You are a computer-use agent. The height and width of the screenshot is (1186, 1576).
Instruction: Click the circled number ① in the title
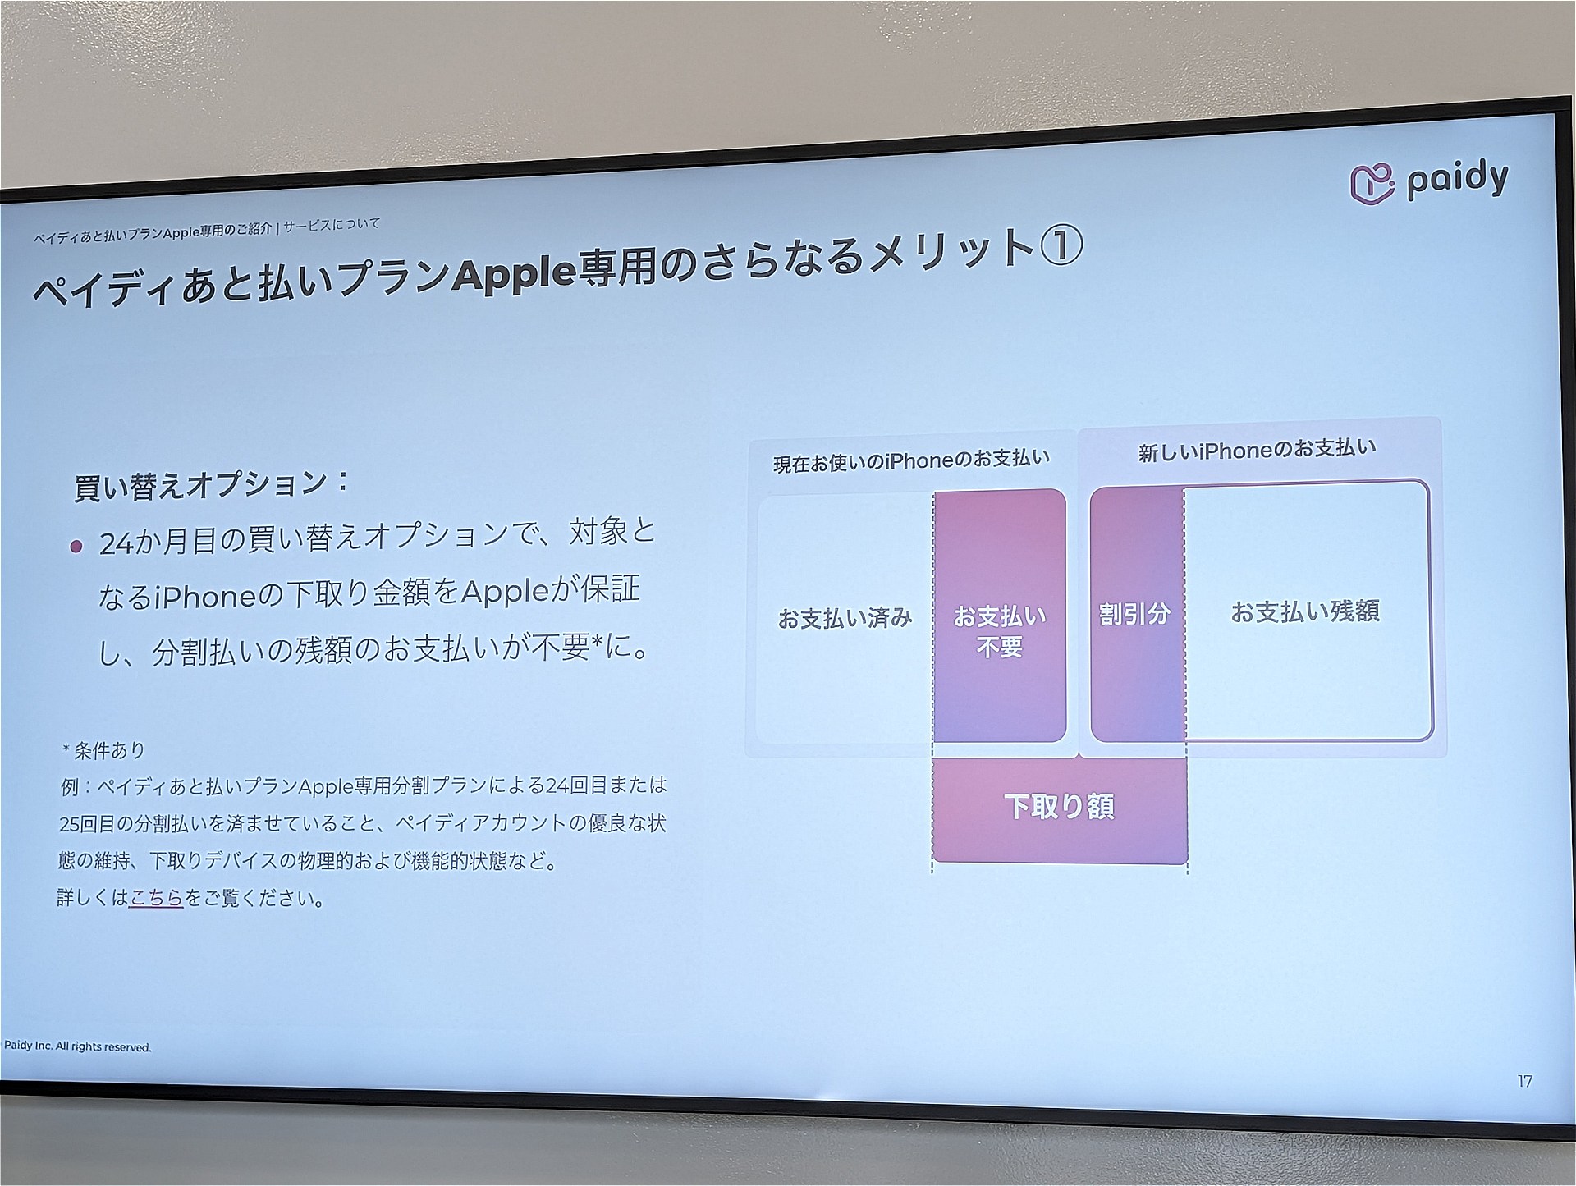pyautogui.click(x=1061, y=246)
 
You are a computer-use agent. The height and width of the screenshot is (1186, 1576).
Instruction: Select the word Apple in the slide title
pyautogui.click(x=514, y=274)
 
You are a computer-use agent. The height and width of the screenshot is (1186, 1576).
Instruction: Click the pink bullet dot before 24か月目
pyautogui.click(x=76, y=546)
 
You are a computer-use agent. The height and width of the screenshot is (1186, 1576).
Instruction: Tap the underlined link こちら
pyautogui.click(x=156, y=898)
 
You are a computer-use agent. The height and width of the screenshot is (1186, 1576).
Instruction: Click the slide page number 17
pyautogui.click(x=1524, y=1082)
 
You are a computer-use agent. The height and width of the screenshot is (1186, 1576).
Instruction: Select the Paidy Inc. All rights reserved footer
pyautogui.click(x=78, y=1046)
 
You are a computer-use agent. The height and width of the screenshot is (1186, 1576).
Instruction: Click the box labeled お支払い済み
pyautogui.click(x=845, y=618)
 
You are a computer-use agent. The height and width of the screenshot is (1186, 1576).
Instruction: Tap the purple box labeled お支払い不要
pyautogui.click(x=1000, y=616)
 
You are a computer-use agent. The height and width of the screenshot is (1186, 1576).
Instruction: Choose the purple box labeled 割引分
pyautogui.click(x=1137, y=613)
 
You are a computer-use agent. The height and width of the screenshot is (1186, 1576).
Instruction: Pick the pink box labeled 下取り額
pyautogui.click(x=1060, y=808)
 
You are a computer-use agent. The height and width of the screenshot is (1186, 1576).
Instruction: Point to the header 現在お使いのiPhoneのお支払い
pyautogui.click(x=911, y=460)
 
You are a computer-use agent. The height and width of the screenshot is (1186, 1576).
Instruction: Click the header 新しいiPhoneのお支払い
pyautogui.click(x=1257, y=450)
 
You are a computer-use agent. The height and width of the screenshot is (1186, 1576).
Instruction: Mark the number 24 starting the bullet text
pyautogui.click(x=116, y=545)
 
